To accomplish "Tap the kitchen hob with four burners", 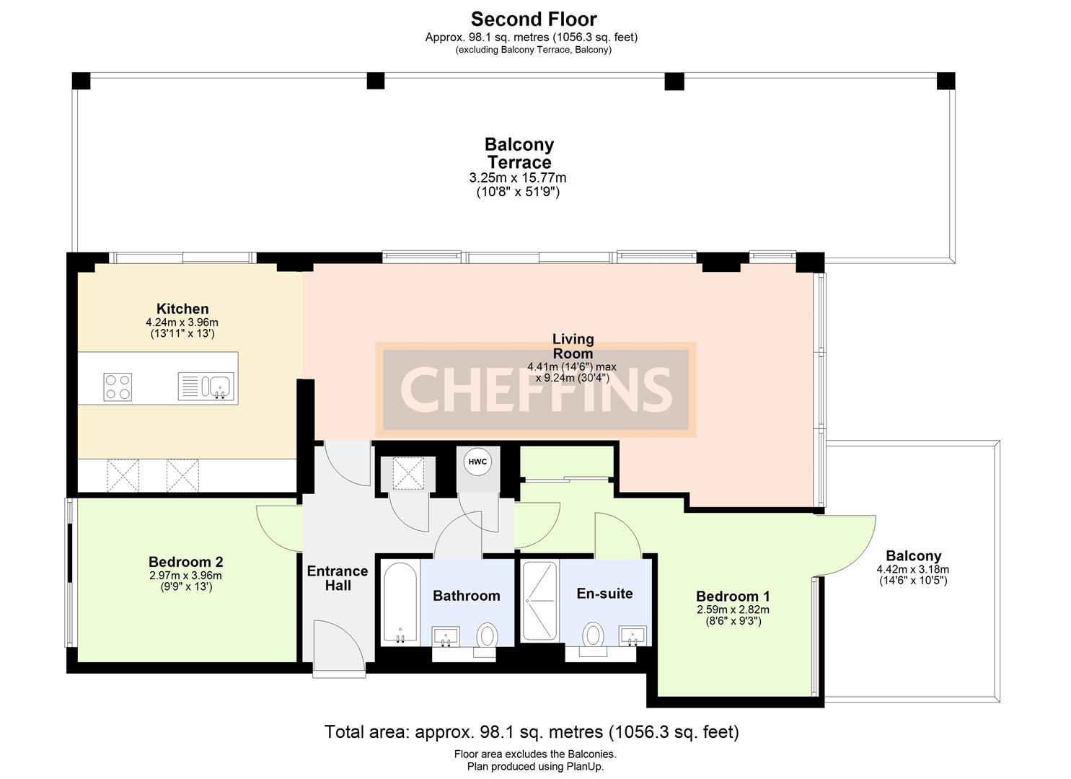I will (118, 387).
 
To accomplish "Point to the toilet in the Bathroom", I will (488, 637).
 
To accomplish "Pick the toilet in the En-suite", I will (594, 635).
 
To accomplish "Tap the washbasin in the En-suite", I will (633, 636).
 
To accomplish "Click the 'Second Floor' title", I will (534, 19).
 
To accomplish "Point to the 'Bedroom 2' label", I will (185, 562).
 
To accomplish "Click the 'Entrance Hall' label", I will (338, 578).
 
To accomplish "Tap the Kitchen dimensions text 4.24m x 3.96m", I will (182, 322).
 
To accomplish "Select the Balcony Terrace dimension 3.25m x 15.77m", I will (518, 178).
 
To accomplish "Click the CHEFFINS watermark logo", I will (535, 389).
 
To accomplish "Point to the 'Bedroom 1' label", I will (733, 597).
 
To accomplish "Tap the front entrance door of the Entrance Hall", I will (339, 649).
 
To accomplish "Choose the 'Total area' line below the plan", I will (532, 732).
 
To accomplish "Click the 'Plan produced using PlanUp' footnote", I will (535, 767).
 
